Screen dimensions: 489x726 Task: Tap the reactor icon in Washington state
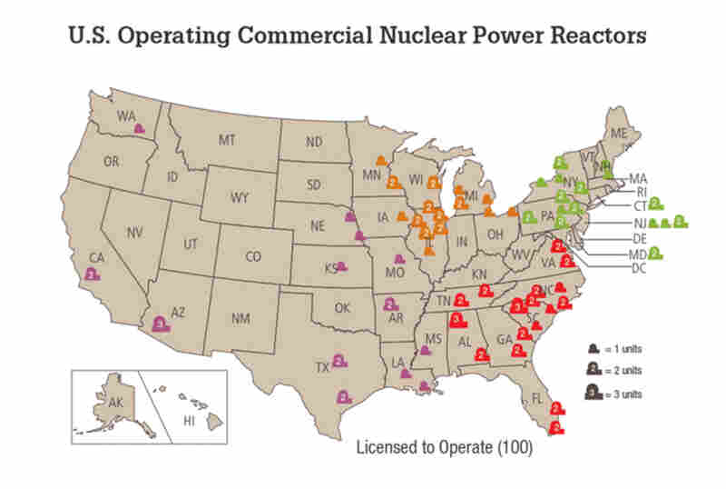[x=140, y=128]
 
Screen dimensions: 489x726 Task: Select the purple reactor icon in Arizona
[x=161, y=323]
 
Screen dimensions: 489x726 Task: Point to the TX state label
[x=321, y=368]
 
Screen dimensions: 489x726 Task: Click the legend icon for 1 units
[x=592, y=348]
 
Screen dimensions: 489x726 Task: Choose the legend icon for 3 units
[x=592, y=392]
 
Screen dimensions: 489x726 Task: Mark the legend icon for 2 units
[x=592, y=369]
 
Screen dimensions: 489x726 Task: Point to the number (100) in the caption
[x=514, y=449]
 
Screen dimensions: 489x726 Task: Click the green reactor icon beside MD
[x=653, y=254]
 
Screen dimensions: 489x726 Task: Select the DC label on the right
[x=638, y=269]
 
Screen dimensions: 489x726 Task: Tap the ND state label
[x=314, y=142]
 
